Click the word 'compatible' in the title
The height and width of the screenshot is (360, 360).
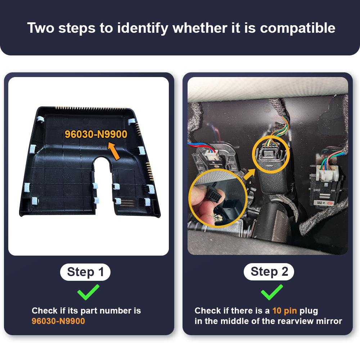pos(298,28)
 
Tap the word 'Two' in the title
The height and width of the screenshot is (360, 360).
pos(41,28)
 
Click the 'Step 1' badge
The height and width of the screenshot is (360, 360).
pos(85,272)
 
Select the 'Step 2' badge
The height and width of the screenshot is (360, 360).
pos(269,271)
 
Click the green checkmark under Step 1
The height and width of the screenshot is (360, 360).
pos(88,292)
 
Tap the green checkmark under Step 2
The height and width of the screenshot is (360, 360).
pos(272,292)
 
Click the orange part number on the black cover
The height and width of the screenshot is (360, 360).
pos(96,134)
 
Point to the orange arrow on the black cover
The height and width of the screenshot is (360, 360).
pos(114,151)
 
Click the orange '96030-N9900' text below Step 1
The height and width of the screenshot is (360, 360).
pos(58,321)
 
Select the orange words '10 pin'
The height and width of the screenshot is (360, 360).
pos(285,311)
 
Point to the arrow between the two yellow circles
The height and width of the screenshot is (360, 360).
pos(249,174)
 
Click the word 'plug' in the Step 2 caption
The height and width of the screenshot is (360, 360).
pos(309,311)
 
